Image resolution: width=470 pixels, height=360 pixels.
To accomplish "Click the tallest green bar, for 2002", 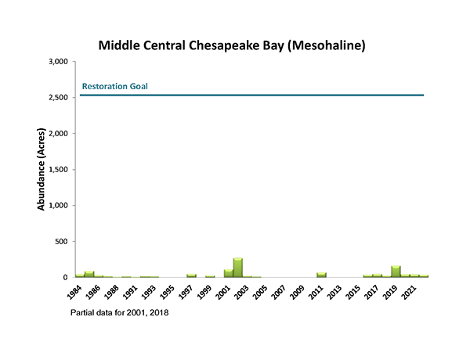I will pyautogui.click(x=238, y=268).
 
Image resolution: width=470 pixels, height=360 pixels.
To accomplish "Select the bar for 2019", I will pyautogui.click(x=396, y=272).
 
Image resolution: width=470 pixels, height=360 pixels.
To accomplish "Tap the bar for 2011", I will pyautogui.click(x=321, y=275).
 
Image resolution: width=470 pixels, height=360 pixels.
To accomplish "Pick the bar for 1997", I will pyautogui.click(x=191, y=275).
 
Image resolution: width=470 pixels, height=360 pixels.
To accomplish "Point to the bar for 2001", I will pyautogui.click(x=229, y=273).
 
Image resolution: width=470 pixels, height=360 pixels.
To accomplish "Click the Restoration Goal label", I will pyautogui.click(x=115, y=86).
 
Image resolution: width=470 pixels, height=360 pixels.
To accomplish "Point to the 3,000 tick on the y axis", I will pyautogui.click(x=58, y=61).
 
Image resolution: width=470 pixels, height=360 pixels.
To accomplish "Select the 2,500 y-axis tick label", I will pyautogui.click(x=58, y=97).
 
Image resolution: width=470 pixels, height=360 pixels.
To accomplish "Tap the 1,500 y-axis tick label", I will pyautogui.click(x=58, y=169).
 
